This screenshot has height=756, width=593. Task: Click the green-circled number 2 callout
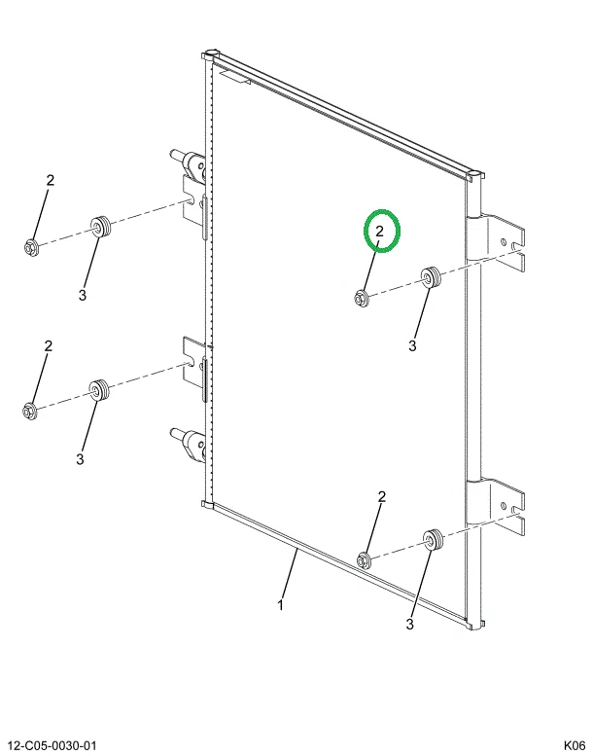click(x=379, y=232)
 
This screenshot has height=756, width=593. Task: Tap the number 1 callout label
click(x=280, y=604)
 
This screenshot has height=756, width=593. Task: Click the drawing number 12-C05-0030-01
click(x=52, y=745)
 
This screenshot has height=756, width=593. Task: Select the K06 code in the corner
click(x=575, y=745)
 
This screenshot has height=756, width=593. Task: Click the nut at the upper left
click(x=31, y=247)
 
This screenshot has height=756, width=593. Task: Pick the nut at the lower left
click(x=30, y=410)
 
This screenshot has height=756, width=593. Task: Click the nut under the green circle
click(x=361, y=298)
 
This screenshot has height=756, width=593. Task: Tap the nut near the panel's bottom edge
click(x=364, y=560)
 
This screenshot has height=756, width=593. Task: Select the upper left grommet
click(x=101, y=226)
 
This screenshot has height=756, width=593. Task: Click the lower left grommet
click(x=99, y=390)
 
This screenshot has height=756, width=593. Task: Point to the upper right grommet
click(x=431, y=276)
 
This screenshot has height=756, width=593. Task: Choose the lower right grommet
click(x=433, y=540)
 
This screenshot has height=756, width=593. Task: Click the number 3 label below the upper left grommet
click(x=83, y=295)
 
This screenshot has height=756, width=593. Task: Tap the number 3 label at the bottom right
click(x=409, y=624)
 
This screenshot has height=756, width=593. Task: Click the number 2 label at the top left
click(x=51, y=180)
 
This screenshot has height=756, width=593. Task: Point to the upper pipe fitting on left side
click(x=189, y=163)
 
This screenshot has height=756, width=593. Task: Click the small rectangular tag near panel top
click(x=234, y=77)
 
